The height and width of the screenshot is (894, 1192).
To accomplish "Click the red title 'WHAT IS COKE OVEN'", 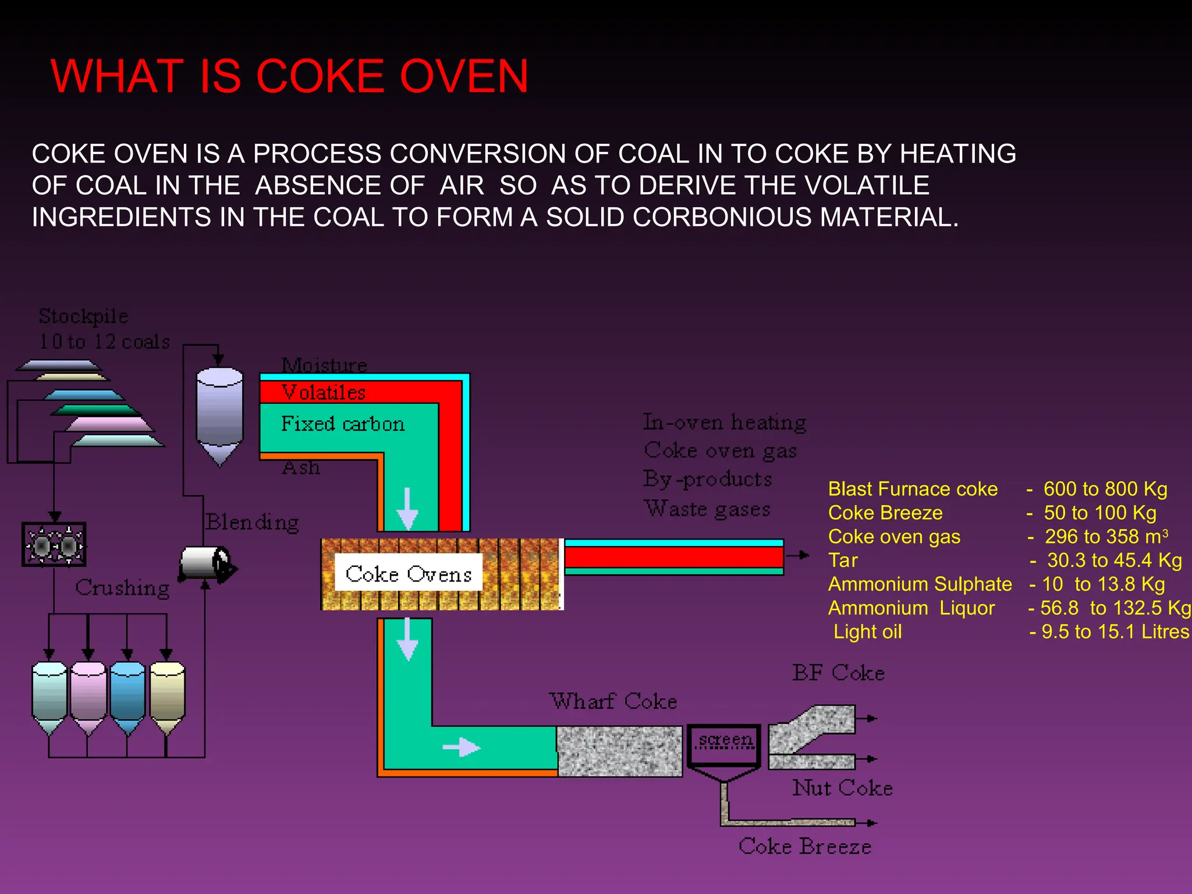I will pyautogui.click(x=289, y=76).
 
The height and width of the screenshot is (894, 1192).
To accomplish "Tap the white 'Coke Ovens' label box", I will pyautogui.click(x=408, y=574).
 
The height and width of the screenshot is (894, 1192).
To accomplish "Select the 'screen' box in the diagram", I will pyautogui.click(x=725, y=744).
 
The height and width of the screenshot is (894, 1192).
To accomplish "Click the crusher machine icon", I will pyautogui.click(x=54, y=545).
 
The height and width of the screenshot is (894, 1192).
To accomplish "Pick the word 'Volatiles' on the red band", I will pyautogui.click(x=324, y=392).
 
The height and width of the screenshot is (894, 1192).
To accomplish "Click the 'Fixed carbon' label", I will pyautogui.click(x=343, y=424).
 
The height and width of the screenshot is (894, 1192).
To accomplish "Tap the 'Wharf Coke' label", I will pyautogui.click(x=613, y=701).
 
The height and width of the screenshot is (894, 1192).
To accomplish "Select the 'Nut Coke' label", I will pyautogui.click(x=842, y=788).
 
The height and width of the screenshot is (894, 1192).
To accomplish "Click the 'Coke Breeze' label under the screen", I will pyautogui.click(x=805, y=846).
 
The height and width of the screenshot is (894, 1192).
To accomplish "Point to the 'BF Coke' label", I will pyautogui.click(x=838, y=673).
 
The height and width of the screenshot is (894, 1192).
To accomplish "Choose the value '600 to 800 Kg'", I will pyautogui.click(x=1105, y=489).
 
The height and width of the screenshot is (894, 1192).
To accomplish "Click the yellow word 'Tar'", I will pyautogui.click(x=843, y=560).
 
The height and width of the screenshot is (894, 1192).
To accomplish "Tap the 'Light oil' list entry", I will pyautogui.click(x=867, y=632).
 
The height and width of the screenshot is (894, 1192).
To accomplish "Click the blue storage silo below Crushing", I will pyautogui.click(x=127, y=696).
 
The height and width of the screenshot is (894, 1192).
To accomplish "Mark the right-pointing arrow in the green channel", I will pyautogui.click(x=461, y=747).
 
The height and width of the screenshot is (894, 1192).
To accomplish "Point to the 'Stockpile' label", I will pyautogui.click(x=83, y=316).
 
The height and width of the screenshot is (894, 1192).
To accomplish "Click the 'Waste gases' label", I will pyautogui.click(x=707, y=509).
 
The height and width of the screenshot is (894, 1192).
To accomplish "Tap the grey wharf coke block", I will pyautogui.click(x=620, y=751).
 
